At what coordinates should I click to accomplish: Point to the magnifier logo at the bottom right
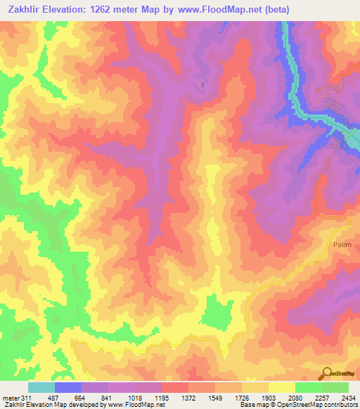tap(327, 375)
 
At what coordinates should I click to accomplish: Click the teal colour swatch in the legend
tap(41, 387)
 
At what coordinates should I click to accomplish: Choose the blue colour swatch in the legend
tap(68, 387)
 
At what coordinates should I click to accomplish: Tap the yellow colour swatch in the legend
tap(282, 387)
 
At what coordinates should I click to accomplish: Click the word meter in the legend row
tap(10, 398)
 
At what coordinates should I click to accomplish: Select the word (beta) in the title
tap(269, 8)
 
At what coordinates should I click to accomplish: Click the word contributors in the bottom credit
tap(340, 405)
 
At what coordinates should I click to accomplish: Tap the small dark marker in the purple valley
tap(204, 86)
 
